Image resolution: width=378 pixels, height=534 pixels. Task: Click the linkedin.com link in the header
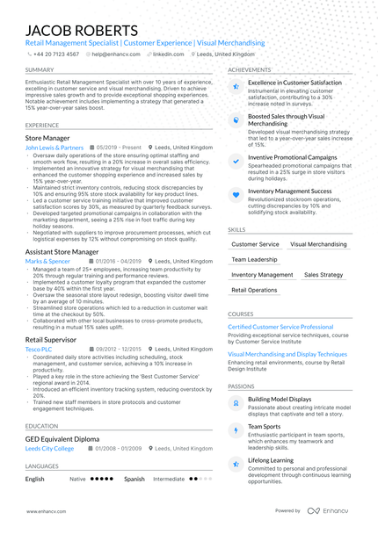pos(168,54)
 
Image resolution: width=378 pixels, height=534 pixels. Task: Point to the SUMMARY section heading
pos(40,69)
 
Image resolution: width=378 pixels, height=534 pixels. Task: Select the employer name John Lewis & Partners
pos(55,148)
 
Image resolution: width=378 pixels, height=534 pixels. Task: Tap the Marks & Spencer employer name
pos(47,261)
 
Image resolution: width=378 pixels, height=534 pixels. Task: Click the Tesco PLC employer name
pos(38,348)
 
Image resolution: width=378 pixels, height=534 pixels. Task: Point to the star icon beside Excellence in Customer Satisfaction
pos(236,86)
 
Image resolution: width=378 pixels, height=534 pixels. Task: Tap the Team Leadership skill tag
pos(254,260)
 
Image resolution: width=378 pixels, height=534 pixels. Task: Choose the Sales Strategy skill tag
pos(323,275)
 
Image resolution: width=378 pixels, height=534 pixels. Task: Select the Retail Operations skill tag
pos(254,290)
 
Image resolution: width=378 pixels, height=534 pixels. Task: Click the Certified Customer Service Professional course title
pos(280,326)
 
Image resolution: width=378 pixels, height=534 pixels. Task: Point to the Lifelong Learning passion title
pos(271,459)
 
